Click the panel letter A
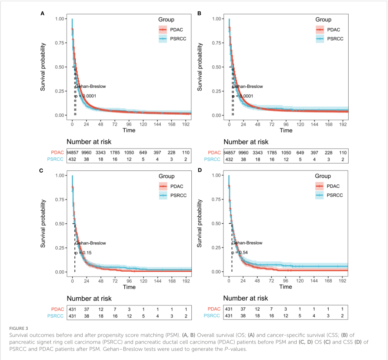(42, 13)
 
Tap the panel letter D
(199, 170)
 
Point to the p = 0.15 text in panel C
(82, 253)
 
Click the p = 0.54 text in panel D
(239, 253)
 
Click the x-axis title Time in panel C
(129, 287)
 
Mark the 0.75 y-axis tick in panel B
(218, 43)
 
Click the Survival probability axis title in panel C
(44, 223)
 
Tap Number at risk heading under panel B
(246, 141)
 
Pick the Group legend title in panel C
(166, 176)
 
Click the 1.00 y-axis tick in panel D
(218, 176)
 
